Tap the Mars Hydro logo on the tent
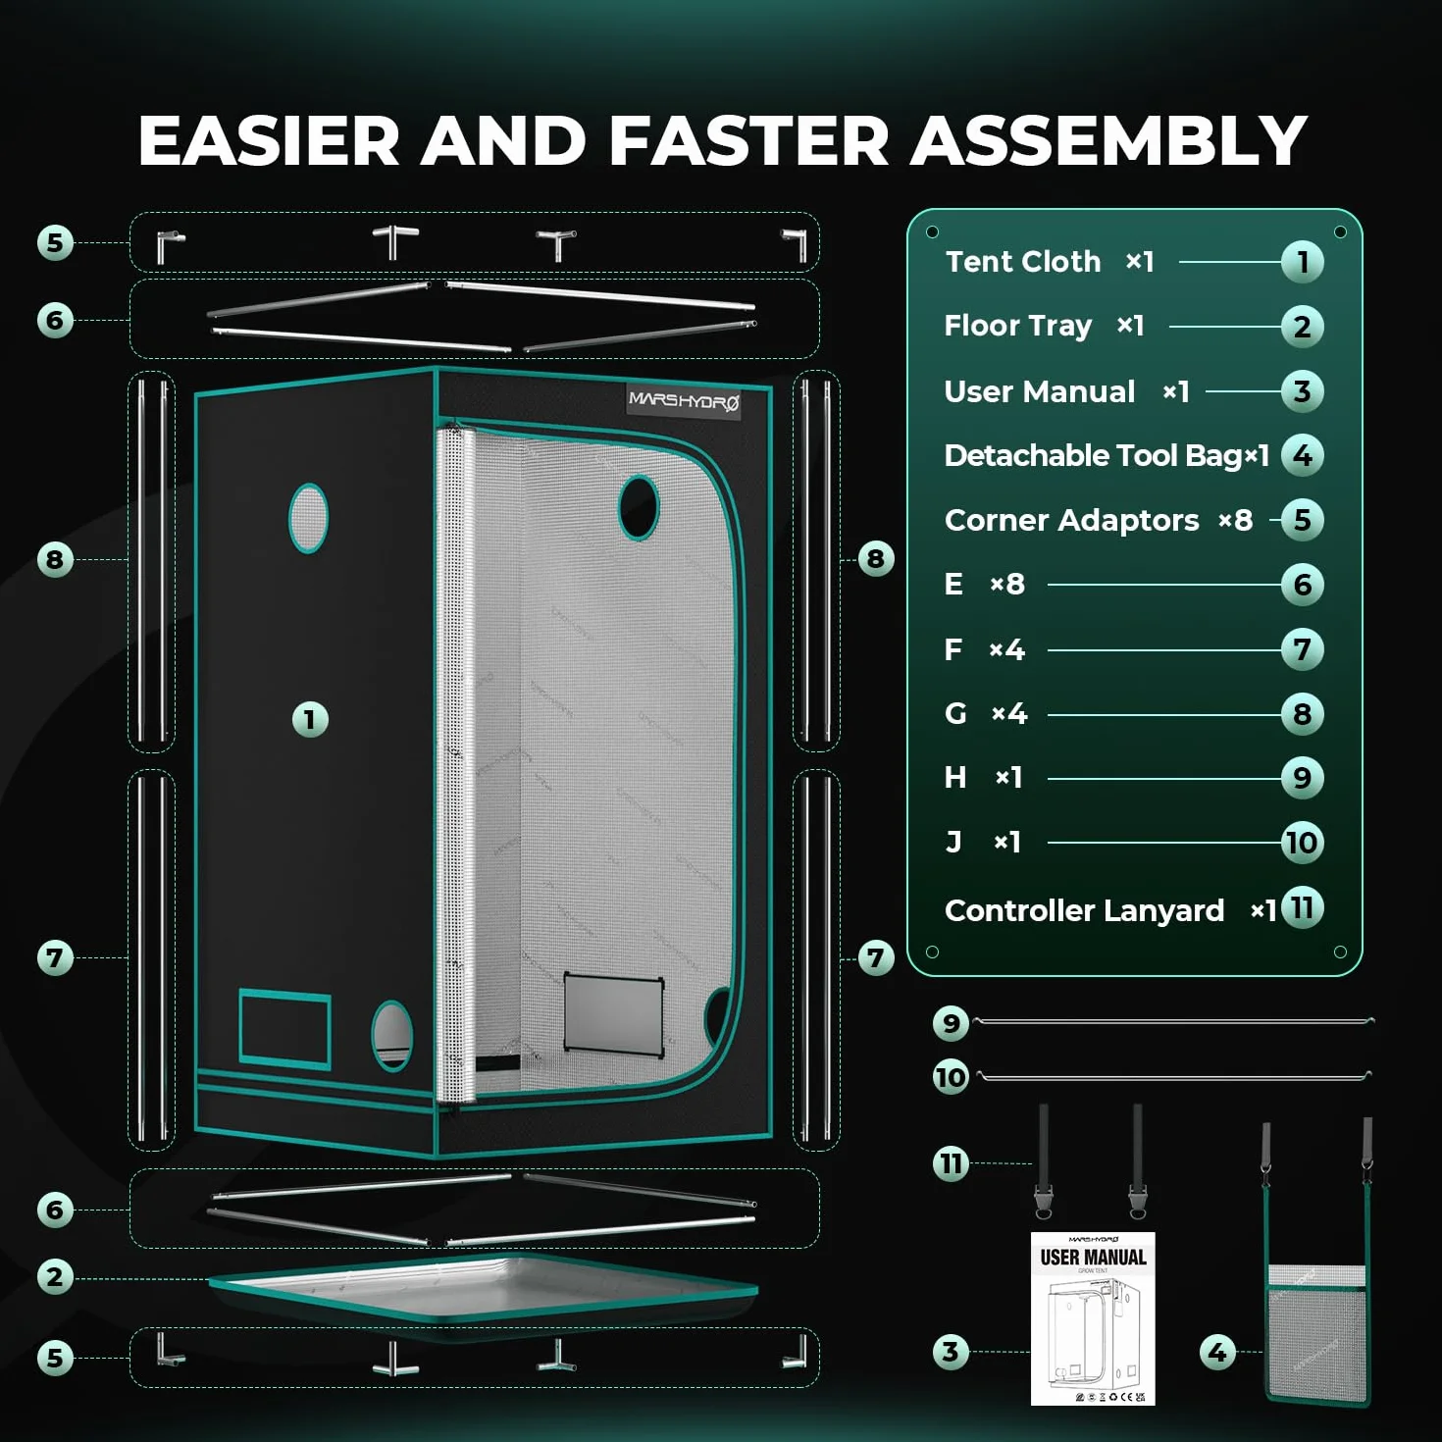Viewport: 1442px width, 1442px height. click(683, 402)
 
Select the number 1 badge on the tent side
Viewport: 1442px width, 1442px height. click(310, 719)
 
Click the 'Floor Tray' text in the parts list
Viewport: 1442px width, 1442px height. click(1017, 327)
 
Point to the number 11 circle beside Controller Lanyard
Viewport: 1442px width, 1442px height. click(1302, 907)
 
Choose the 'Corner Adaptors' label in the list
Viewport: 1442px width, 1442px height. click(1071, 520)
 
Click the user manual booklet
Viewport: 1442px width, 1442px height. click(1093, 1317)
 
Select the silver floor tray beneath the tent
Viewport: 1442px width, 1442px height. click(484, 1293)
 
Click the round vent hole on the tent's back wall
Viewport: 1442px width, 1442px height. click(639, 506)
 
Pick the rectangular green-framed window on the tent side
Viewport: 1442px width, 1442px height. click(284, 1028)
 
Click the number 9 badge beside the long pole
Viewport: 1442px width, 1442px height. click(951, 1022)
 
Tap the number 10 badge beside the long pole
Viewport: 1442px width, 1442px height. click(951, 1077)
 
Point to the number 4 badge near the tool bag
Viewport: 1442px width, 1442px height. click(1217, 1352)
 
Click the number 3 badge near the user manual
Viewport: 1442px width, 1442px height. click(951, 1352)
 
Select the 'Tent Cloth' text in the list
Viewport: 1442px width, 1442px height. click(1023, 262)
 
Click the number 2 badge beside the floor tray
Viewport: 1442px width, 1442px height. click(55, 1276)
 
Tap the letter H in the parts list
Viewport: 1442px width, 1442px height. click(955, 778)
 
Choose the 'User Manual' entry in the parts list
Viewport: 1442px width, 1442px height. click(1040, 391)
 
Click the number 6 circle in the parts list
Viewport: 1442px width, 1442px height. click(1302, 585)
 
